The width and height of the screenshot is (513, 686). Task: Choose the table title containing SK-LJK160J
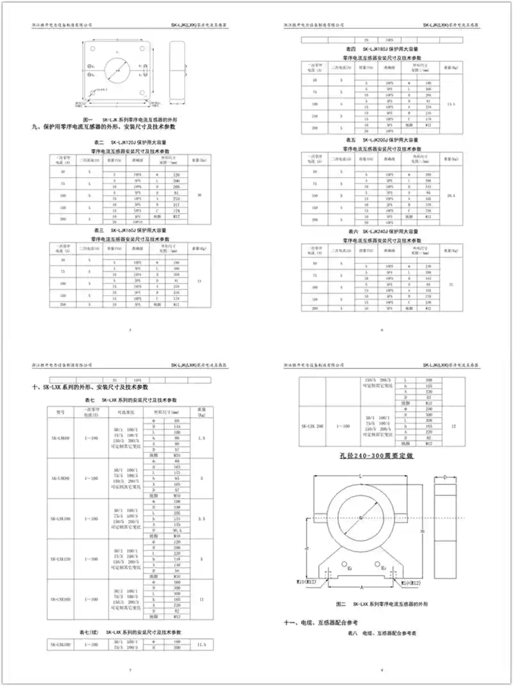pyautogui.click(x=131, y=229)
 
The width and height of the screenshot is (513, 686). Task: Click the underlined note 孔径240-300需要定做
pyautogui.click(x=382, y=457)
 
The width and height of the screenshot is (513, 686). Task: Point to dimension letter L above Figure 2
pyautogui.click(x=361, y=476)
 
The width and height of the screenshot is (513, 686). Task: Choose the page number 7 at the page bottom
pyautogui.click(x=130, y=670)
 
